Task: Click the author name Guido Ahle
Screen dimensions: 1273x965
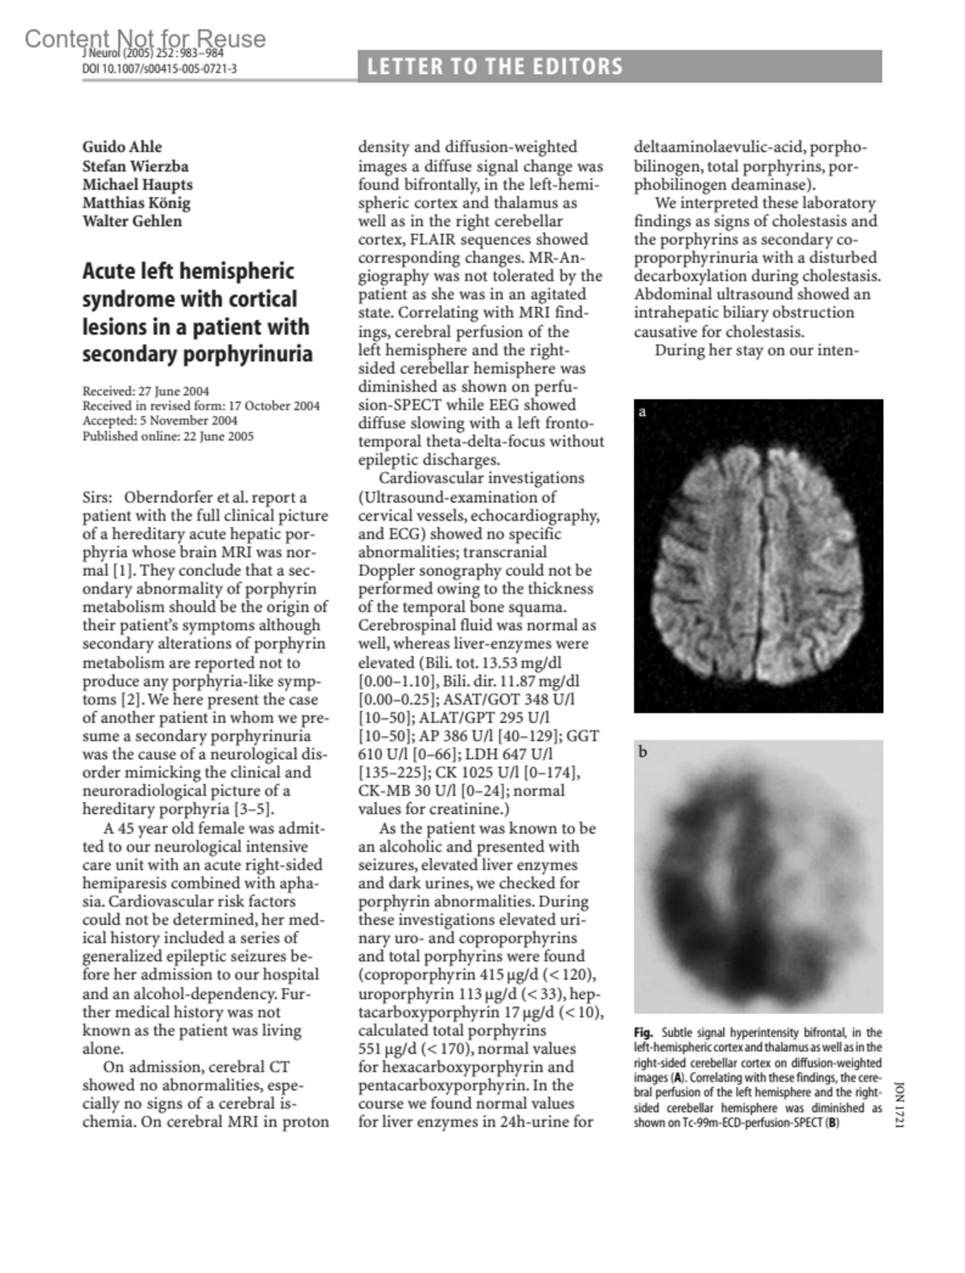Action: tap(122, 147)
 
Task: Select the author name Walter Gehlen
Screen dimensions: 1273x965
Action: tap(132, 221)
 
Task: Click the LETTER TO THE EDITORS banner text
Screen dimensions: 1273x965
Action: tap(495, 67)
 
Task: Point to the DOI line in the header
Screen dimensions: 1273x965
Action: tap(159, 69)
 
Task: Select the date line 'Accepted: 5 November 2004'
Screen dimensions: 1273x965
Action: tap(159, 421)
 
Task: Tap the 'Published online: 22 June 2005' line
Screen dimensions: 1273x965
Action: tap(167, 437)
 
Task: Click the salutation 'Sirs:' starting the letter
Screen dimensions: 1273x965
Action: tap(97, 498)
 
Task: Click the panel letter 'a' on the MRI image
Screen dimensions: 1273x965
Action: tap(643, 413)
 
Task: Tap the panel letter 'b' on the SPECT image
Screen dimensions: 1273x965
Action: tap(643, 753)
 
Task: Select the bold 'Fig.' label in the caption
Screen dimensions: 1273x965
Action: tap(643, 1033)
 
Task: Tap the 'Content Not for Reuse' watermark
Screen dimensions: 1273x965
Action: tap(145, 39)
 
